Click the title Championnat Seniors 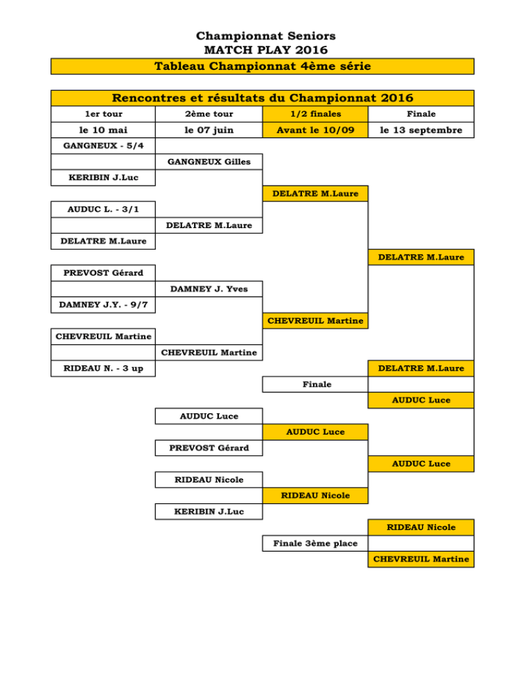(265, 35)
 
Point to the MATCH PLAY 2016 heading (266, 50)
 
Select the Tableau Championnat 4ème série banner (263, 67)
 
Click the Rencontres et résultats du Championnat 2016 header (263, 98)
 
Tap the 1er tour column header (103, 114)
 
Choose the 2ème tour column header (209, 114)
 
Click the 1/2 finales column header (315, 114)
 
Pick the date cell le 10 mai (103, 130)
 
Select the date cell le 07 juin (209, 130)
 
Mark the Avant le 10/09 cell (315, 130)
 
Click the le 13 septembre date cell (421, 130)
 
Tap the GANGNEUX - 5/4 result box (103, 146)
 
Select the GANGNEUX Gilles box (209, 162)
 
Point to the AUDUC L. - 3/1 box (103, 209)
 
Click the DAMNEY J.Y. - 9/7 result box (103, 305)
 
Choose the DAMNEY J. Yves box (209, 289)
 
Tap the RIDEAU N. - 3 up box (103, 369)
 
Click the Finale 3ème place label (315, 543)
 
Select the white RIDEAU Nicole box (209, 480)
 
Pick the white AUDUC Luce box (209, 416)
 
